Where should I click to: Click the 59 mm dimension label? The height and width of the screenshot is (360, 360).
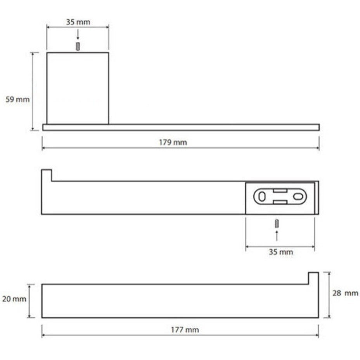[x=18, y=99]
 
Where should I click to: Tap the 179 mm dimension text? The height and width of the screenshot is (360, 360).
[x=173, y=142]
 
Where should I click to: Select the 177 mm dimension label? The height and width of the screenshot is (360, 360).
[x=185, y=330]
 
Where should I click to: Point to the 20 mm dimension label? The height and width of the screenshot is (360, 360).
[x=14, y=299]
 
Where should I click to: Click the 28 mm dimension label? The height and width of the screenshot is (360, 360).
[x=345, y=293]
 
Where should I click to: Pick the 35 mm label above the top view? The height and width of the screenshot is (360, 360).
[x=78, y=22]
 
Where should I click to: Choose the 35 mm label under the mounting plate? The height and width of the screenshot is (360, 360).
[x=281, y=252]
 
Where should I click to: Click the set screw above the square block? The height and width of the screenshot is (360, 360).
[x=78, y=47]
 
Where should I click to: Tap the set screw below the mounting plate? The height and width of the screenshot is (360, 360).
[x=277, y=223]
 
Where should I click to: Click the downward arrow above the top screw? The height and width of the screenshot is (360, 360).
[x=78, y=34]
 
